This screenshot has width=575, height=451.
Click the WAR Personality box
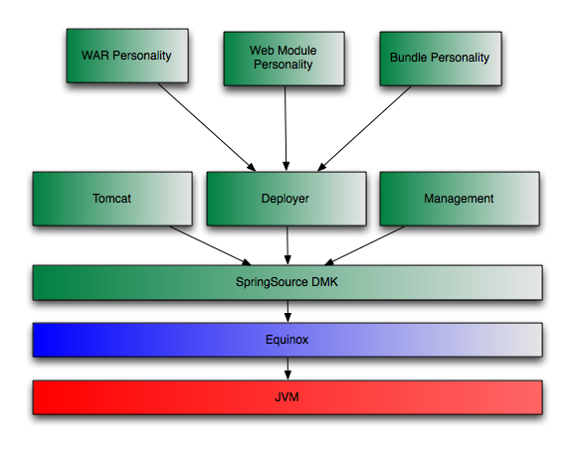tap(127, 56)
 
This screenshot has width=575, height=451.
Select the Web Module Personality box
tap(285, 59)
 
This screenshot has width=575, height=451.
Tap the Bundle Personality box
tap(441, 59)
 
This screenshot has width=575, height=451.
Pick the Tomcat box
tap(112, 199)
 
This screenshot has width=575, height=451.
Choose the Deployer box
tap(287, 199)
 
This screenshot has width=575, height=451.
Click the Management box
tap(460, 199)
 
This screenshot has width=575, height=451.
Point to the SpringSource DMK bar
tap(287, 282)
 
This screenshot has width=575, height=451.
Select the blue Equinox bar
tap(287, 340)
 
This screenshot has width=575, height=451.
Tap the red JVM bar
tap(287, 397)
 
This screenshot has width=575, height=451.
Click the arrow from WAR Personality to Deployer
tap(207, 127)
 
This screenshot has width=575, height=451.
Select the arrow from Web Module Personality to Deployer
tap(286, 128)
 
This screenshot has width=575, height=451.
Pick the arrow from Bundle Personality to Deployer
tap(364, 128)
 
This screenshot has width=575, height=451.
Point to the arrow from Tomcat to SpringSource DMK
tap(211, 245)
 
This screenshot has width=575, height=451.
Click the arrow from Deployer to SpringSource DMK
tap(287, 245)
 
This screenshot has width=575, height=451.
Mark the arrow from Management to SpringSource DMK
tap(364, 245)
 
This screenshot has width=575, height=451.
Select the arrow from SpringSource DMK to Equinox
tap(287, 312)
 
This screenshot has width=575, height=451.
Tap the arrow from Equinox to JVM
tap(287, 369)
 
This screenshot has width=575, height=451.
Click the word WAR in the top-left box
tap(96, 56)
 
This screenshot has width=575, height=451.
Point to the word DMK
tap(324, 282)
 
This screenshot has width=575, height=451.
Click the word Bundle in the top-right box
tap(409, 57)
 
